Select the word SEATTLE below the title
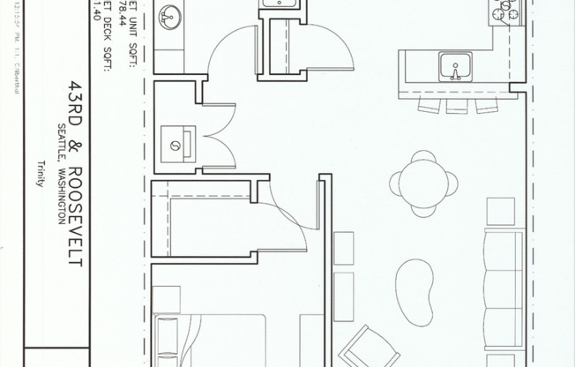pyautogui.click(x=61, y=136)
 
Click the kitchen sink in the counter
pyautogui.click(x=456, y=66)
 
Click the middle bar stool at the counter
pyautogui.click(x=456, y=105)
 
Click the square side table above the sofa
pyautogui.click(x=500, y=210)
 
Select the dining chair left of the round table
pyautogui.click(x=395, y=183)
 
